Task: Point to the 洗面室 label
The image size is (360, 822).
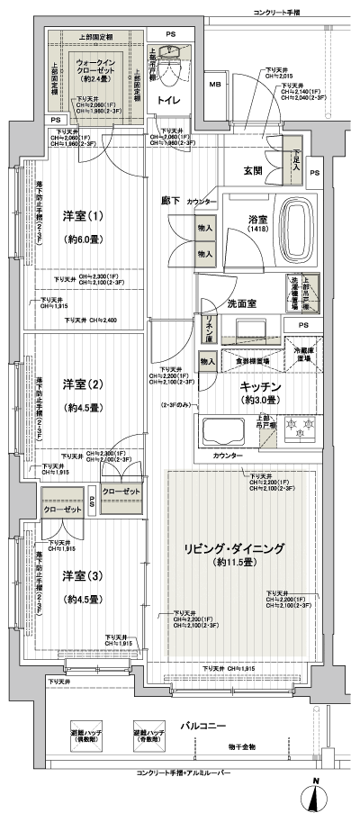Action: (242, 303)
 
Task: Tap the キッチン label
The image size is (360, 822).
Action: (262, 387)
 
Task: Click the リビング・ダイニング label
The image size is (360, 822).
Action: (241, 548)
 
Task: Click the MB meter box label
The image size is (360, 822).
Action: (215, 86)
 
